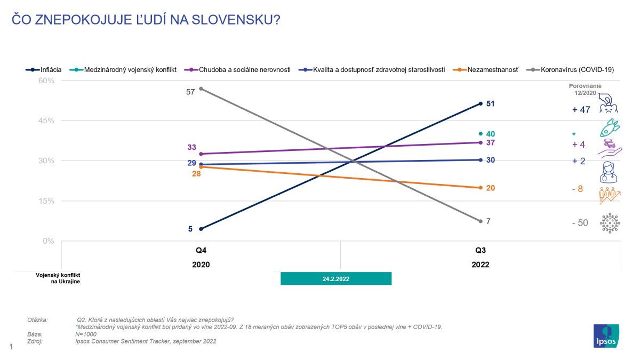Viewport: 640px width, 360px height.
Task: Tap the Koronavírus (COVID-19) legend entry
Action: pos(573,69)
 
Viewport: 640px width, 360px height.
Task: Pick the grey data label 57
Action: pos(190,92)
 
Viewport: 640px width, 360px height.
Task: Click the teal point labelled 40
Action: pos(481,134)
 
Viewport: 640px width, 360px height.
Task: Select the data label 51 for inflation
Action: pos(491,103)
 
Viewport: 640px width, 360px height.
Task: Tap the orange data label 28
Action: pos(196,174)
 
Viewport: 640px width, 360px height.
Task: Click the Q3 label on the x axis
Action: pos(481,250)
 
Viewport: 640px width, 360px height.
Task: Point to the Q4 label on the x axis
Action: pos(201,250)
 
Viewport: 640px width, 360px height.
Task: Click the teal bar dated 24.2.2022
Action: pos(336,278)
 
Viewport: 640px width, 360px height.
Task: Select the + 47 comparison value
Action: pos(581,110)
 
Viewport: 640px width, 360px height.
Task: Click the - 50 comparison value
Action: pos(579,223)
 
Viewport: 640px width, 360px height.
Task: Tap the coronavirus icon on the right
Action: pos(610,223)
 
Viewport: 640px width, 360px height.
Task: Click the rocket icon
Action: pos(610,129)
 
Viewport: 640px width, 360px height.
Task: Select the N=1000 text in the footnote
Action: pos(86,334)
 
